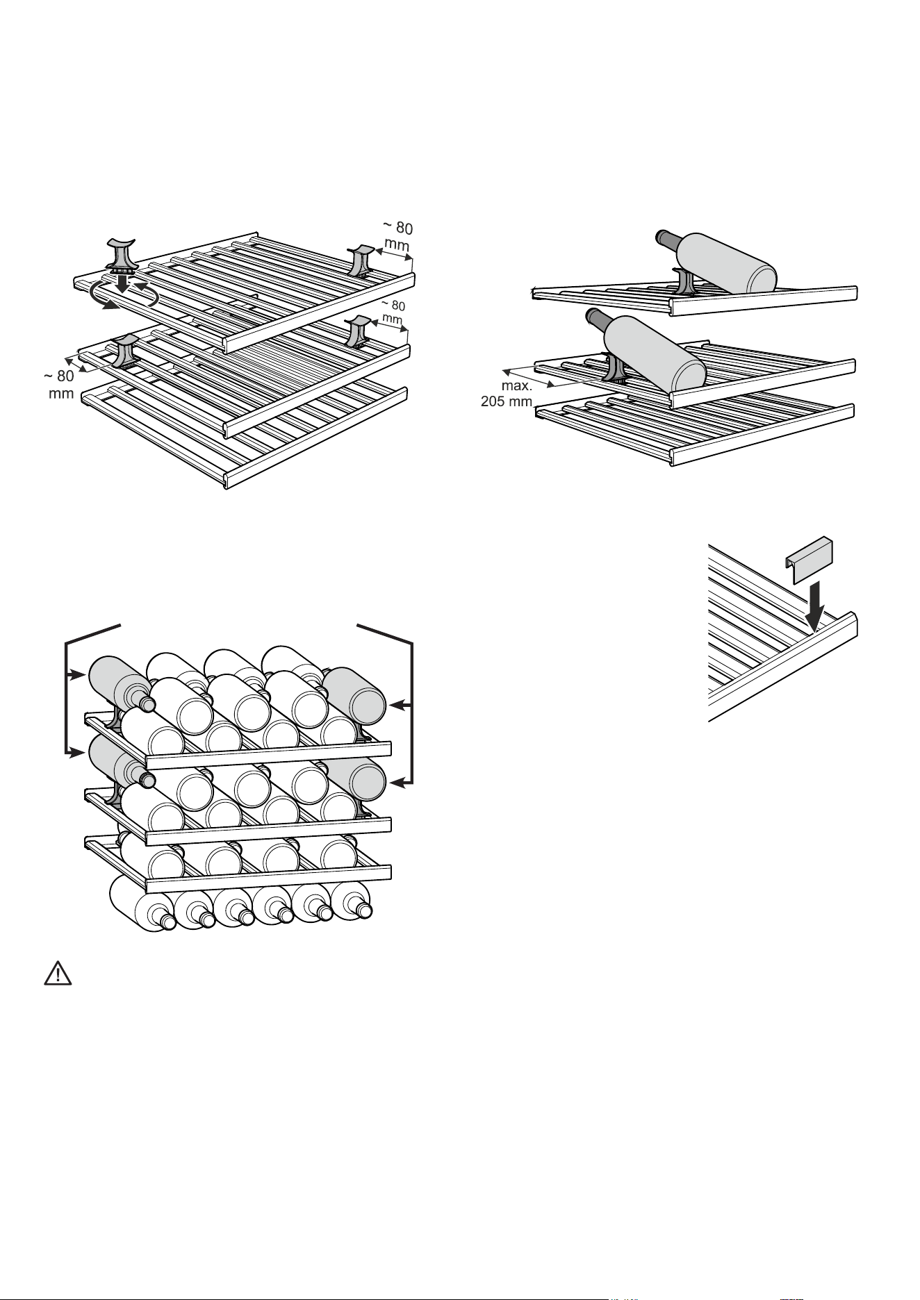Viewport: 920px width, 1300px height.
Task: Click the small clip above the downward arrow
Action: [809, 559]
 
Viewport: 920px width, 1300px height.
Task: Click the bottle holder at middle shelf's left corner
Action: [125, 351]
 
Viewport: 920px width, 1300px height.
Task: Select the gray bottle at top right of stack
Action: [354, 696]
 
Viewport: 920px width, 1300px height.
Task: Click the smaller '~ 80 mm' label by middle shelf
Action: [393, 312]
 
